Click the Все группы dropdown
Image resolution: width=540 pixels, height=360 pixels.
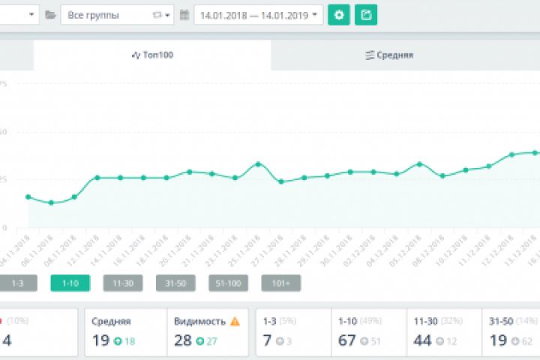[117, 14]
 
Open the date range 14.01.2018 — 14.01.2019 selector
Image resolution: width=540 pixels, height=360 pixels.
[258, 14]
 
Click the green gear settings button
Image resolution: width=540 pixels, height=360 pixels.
[339, 14]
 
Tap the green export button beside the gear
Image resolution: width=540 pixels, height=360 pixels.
[366, 14]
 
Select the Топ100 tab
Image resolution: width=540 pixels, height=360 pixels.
[152, 55]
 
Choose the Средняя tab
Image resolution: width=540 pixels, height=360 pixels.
[389, 55]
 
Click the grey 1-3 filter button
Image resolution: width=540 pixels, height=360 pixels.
[17, 283]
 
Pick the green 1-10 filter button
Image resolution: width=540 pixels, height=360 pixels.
[70, 283]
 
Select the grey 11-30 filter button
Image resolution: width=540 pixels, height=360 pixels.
[122, 283]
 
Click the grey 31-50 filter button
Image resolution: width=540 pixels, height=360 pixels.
[175, 283]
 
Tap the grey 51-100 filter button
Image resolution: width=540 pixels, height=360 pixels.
[228, 283]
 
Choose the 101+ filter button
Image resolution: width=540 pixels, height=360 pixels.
[280, 283]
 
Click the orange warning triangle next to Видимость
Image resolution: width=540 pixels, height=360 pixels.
[235, 321]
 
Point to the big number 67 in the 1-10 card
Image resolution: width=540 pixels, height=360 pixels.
[347, 340]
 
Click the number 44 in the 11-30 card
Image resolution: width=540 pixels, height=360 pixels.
[423, 340]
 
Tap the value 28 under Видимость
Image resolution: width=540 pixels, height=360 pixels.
[182, 340]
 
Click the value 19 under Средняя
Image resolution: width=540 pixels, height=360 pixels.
[101, 340]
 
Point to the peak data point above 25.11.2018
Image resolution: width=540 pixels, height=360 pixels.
[258, 163]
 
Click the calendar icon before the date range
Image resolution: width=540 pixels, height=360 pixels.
[184, 14]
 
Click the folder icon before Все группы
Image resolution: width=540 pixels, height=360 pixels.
[50, 14]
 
